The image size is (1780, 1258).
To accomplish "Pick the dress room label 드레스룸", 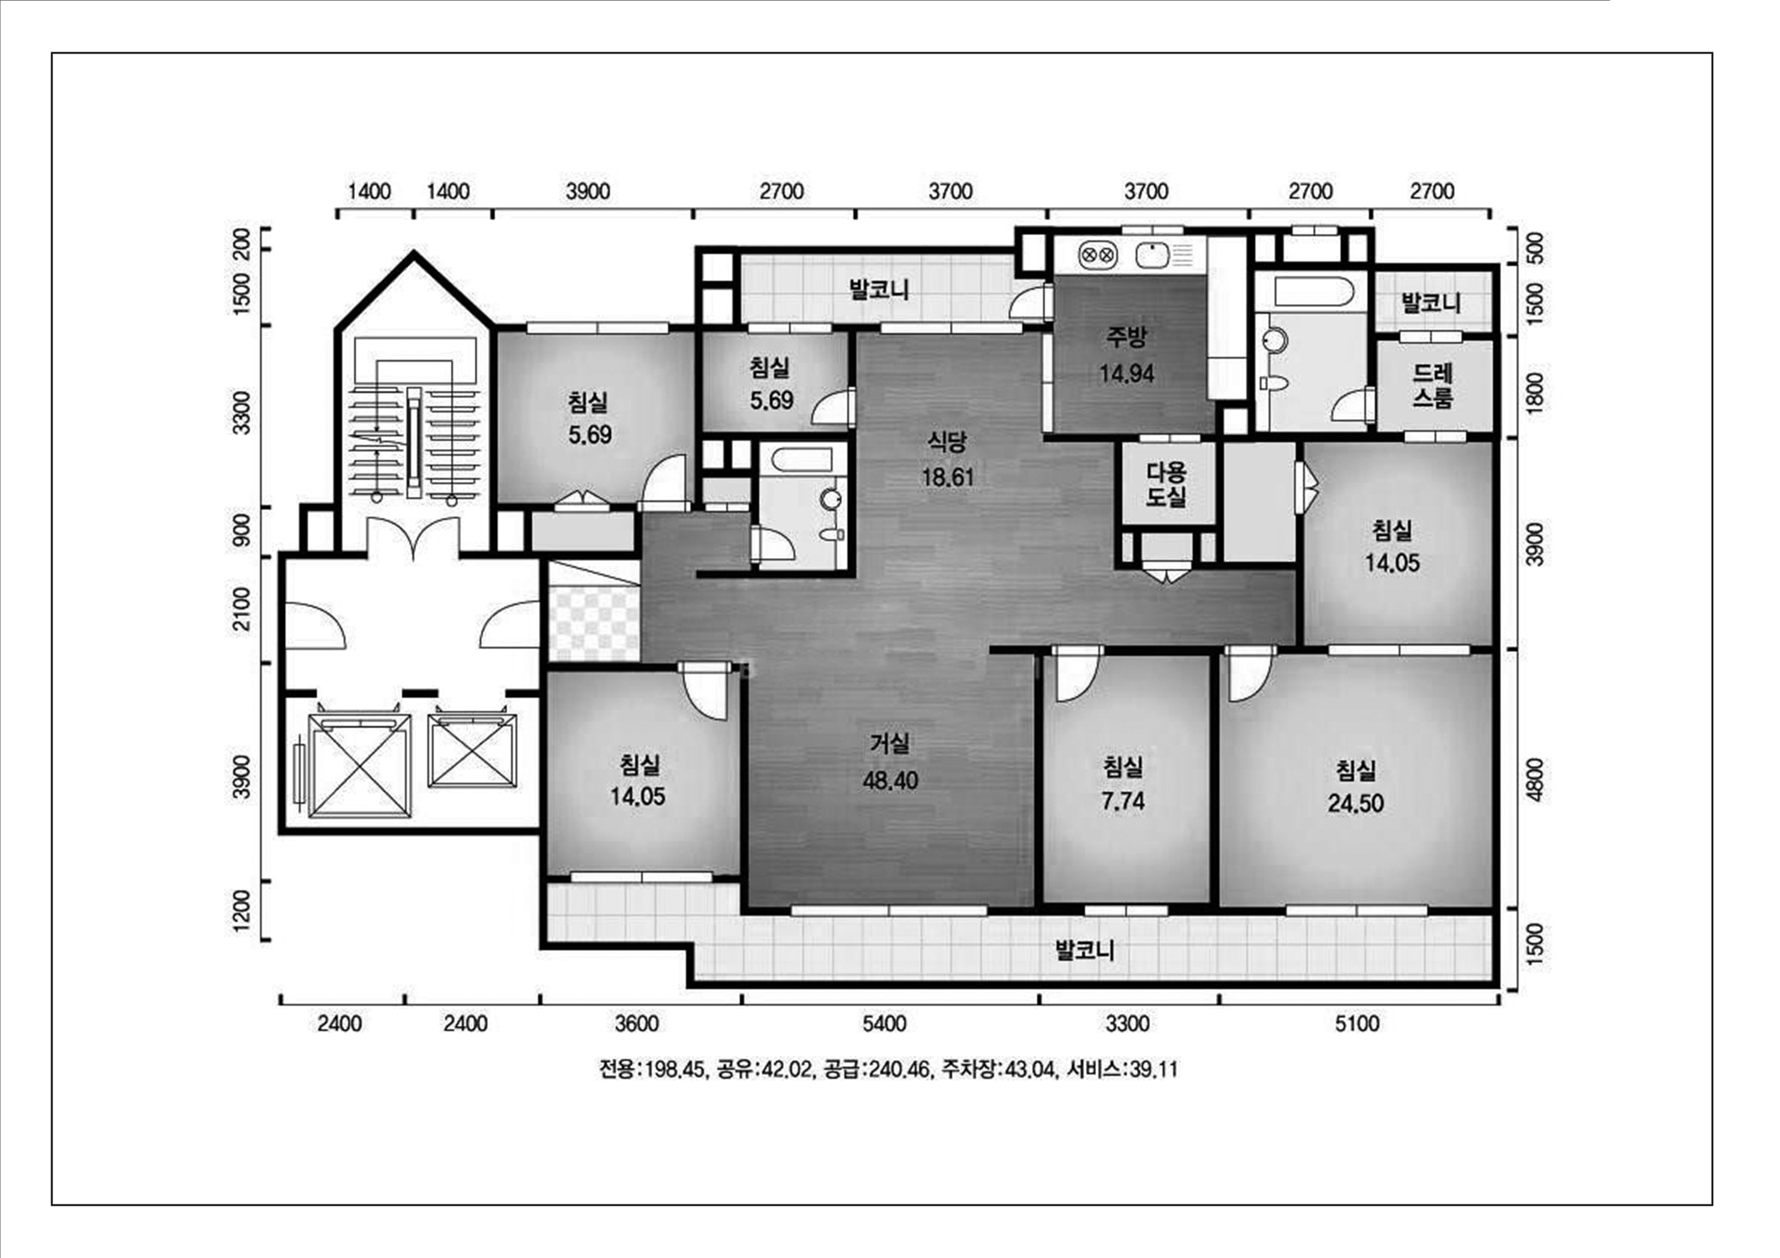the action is coord(1432,385).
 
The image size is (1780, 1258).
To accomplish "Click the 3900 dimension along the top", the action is coord(587,191).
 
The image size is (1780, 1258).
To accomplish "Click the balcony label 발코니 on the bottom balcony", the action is coord(1085,950).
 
